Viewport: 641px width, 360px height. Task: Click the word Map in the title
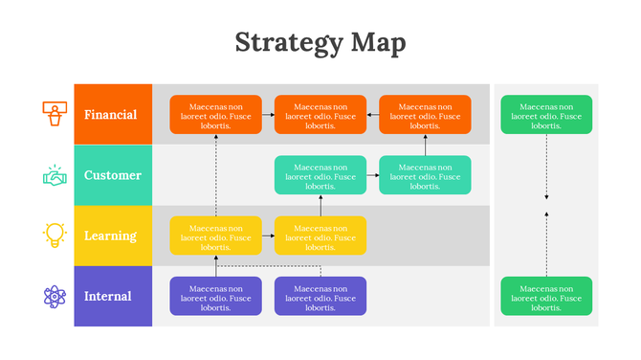(378, 43)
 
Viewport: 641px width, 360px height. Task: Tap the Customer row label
(113, 175)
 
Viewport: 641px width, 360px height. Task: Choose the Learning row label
(113, 236)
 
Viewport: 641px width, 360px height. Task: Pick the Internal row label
(114, 296)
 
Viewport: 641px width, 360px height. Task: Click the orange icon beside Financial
(55, 114)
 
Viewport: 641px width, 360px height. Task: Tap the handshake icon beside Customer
(55, 175)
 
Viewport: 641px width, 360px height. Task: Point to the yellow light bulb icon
(55, 235)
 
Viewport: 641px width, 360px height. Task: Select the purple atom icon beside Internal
(55, 296)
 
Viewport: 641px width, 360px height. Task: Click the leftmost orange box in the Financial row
(215, 115)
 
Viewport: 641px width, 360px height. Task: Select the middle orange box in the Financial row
(320, 115)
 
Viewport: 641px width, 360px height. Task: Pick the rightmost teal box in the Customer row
(425, 175)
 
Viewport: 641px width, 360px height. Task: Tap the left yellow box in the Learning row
(215, 236)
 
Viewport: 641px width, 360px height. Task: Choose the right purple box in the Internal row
(320, 296)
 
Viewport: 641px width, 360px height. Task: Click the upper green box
(546, 115)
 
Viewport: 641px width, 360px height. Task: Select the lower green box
(546, 296)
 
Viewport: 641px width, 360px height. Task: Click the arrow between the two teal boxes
(373, 175)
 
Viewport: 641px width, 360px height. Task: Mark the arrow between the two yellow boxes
(268, 236)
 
